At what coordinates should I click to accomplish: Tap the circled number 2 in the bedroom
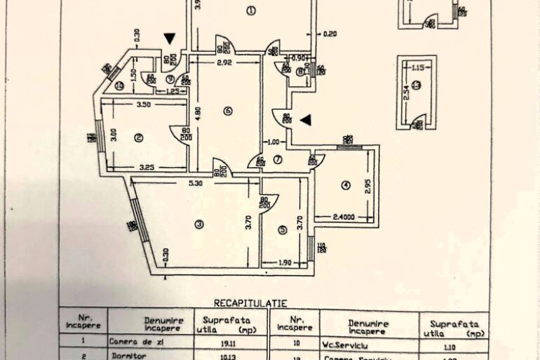[139, 138]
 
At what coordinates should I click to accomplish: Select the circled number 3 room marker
[199, 225]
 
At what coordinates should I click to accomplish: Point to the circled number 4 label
[345, 186]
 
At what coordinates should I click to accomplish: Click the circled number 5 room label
[282, 229]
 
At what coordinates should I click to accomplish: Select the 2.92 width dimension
[224, 63]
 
